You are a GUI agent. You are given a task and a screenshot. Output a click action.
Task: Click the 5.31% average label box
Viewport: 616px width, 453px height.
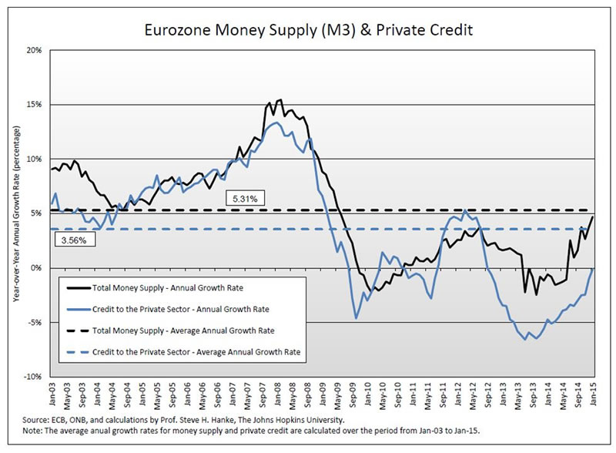(246, 199)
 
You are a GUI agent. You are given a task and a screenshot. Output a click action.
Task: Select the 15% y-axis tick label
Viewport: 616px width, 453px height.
(35, 104)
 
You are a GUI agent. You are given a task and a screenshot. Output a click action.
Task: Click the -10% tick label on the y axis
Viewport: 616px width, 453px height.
(33, 377)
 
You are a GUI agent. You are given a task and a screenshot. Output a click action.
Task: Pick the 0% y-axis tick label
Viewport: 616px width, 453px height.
(37, 268)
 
